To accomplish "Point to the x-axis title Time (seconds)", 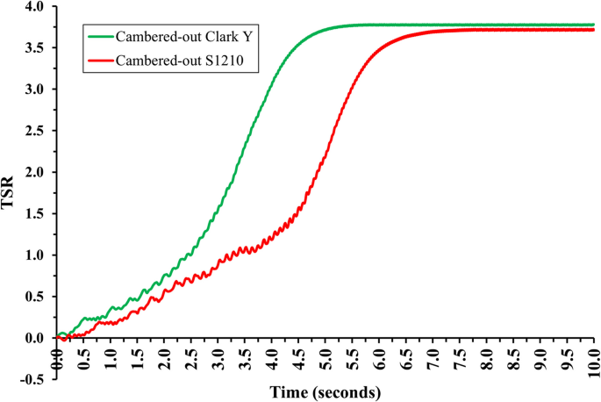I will [x=326, y=391].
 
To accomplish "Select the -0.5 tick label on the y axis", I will [x=34, y=380].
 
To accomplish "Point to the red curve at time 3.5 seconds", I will [x=245, y=249].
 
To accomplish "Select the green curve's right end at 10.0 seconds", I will [x=593, y=25].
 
